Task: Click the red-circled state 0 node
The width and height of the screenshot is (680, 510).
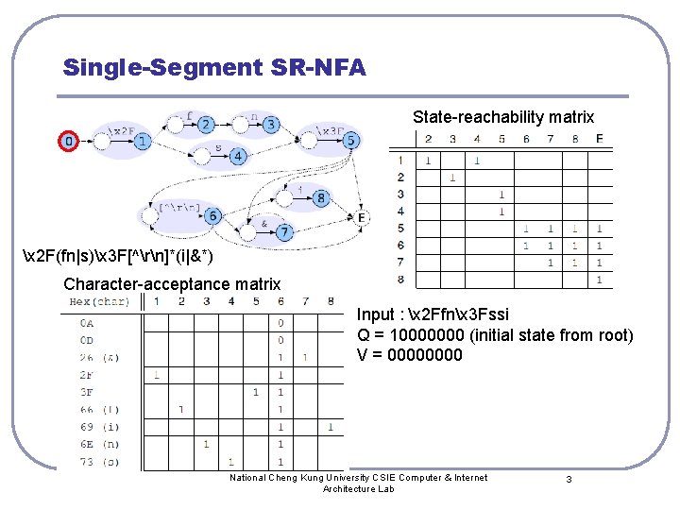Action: (x=67, y=142)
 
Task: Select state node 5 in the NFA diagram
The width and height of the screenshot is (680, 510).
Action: (x=351, y=142)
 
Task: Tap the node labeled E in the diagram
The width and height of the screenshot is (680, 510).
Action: (x=361, y=217)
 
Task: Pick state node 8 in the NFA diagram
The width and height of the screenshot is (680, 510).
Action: (x=321, y=198)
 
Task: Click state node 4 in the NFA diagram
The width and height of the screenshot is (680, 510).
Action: (x=237, y=156)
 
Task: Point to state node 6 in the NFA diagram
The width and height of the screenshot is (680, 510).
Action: (x=213, y=216)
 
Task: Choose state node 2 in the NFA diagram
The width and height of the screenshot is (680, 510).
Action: (x=206, y=125)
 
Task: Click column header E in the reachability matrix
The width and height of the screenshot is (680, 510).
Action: (x=599, y=139)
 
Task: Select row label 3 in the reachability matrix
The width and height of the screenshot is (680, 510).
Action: (x=400, y=195)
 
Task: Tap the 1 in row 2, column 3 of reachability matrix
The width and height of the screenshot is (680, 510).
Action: (x=452, y=178)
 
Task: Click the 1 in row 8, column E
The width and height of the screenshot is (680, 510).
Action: (x=599, y=280)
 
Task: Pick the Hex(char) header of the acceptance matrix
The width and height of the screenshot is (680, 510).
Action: (x=99, y=301)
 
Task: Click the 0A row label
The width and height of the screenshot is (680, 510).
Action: (x=87, y=322)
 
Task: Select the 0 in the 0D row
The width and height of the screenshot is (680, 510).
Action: (x=280, y=339)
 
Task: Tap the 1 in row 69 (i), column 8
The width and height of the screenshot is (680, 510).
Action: (x=330, y=427)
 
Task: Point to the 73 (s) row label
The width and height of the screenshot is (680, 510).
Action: (x=98, y=462)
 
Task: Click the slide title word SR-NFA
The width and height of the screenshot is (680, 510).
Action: (x=315, y=68)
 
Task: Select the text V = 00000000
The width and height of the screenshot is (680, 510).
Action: (x=410, y=355)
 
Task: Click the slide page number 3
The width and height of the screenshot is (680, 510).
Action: (x=569, y=480)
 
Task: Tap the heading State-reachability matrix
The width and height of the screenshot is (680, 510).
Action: (x=503, y=117)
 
